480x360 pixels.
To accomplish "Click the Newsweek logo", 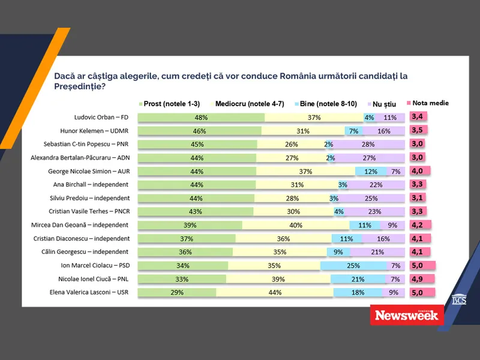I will tap(408, 315).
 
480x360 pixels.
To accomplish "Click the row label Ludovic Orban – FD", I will tap(98, 117).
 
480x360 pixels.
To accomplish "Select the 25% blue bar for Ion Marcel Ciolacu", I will tap(353, 266).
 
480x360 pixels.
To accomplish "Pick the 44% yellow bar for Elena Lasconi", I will tap(275, 293).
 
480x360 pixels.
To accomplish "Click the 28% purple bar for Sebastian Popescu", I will tap(368, 144).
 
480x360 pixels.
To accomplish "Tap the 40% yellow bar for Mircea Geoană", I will tap(296, 225).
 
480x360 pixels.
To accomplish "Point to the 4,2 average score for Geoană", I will tap(418, 225).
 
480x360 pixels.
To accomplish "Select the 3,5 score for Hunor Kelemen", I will tap(418, 130).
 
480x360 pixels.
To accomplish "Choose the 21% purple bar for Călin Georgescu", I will tap(377, 252).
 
